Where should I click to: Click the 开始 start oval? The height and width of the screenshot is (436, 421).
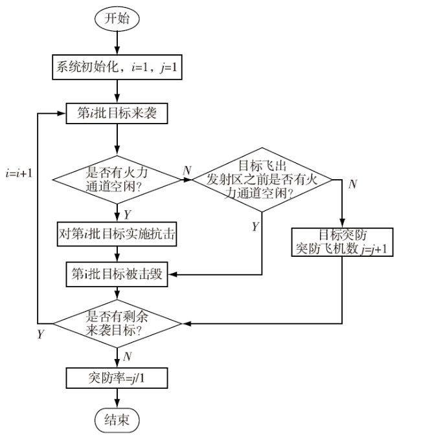coord(117,19)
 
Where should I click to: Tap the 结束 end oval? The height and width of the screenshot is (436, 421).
coord(117,420)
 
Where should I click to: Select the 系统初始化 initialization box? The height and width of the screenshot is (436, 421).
coord(117,67)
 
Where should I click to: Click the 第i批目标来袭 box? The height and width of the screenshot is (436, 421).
coord(117,113)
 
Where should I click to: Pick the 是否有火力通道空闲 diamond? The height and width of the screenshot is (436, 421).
coord(117,180)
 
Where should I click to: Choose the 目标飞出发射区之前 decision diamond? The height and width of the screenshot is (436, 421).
coord(262,180)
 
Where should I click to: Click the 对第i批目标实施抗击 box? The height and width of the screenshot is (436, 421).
coord(117,234)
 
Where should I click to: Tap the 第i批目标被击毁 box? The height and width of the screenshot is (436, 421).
coord(117,274)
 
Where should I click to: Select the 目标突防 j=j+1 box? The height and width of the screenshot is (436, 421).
coord(342,242)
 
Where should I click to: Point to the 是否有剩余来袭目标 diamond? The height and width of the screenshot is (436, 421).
coord(117,323)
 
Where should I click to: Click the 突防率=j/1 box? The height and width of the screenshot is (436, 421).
coord(117,378)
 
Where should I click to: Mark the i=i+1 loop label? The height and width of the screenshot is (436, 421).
coord(19,173)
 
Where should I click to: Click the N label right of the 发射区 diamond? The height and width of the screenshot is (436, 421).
coord(352,184)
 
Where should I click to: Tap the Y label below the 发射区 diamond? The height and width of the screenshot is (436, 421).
coord(255,226)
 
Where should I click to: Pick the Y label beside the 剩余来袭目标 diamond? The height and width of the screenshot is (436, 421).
coord(41,334)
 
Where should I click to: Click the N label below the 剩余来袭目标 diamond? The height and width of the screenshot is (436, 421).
coord(127,356)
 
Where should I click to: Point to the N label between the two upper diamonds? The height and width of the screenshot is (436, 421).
coord(187,170)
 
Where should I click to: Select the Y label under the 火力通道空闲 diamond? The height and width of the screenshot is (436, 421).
coord(127,215)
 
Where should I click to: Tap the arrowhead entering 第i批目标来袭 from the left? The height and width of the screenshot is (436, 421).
coord(62,113)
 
